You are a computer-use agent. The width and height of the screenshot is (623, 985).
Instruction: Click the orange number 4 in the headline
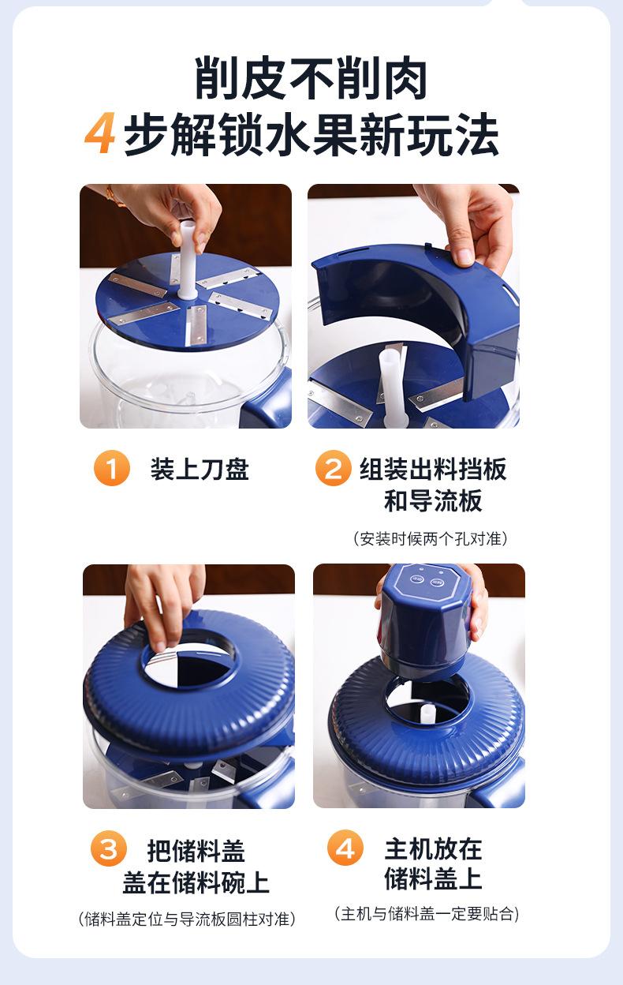pyautogui.click(x=100, y=133)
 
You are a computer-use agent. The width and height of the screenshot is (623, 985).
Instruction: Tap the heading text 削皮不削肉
pyautogui.click(x=311, y=78)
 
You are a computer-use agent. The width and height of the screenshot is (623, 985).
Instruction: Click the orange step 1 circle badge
pyautogui.click(x=112, y=468)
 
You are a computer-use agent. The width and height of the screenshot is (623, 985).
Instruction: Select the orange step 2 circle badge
pyautogui.click(x=333, y=468)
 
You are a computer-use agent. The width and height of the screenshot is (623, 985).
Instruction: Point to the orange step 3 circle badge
pyautogui.click(x=109, y=848)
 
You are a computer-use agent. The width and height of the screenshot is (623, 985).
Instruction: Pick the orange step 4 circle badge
pyautogui.click(x=345, y=848)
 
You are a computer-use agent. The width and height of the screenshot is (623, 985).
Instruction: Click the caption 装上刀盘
pyautogui.click(x=200, y=469)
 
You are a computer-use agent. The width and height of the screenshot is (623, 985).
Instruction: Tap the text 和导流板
pyautogui.click(x=433, y=500)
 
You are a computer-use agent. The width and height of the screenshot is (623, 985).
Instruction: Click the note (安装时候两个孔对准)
pyautogui.click(x=431, y=538)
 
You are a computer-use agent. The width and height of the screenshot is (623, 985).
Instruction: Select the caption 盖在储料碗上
pyautogui.click(x=196, y=882)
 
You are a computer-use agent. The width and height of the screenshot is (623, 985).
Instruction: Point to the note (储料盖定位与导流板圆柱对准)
pyautogui.click(x=187, y=919)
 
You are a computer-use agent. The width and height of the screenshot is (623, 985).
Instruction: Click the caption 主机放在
pyautogui.click(x=433, y=848)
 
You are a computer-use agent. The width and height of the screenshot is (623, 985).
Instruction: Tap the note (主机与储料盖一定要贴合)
pyautogui.click(x=427, y=914)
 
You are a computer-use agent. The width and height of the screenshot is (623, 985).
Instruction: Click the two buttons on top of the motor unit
pyautogui.click(x=426, y=580)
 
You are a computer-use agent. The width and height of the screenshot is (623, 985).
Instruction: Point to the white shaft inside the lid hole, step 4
pyautogui.click(x=427, y=714)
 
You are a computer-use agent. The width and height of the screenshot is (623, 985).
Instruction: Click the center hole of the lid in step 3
pyautogui.click(x=189, y=668)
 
